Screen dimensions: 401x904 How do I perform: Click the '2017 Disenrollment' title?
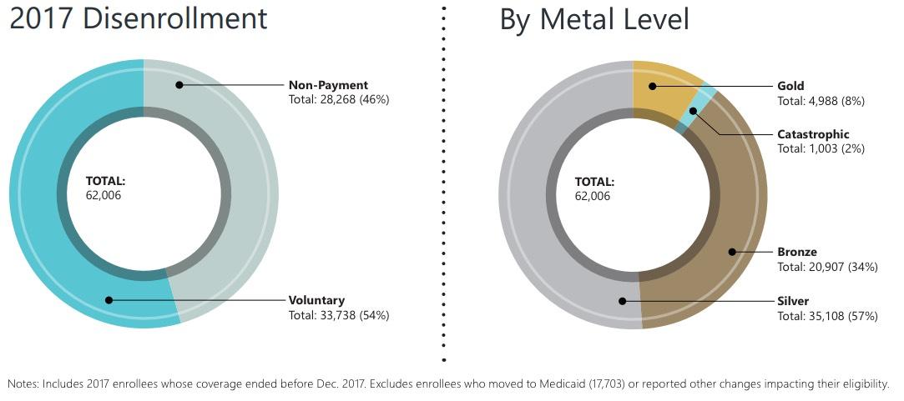pyautogui.click(x=139, y=18)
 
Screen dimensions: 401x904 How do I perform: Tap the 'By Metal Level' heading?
pyautogui.click(x=594, y=18)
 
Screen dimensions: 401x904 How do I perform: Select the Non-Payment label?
pyautogui.click(x=328, y=85)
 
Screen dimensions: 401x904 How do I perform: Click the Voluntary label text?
pyautogui.click(x=316, y=300)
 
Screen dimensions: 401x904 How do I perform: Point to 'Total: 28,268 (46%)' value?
pyautogui.click(x=339, y=99)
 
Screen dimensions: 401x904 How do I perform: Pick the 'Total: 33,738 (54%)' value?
pyautogui.click(x=339, y=315)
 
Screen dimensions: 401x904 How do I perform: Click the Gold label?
pyautogui.click(x=790, y=86)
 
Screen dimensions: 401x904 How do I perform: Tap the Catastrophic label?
pyautogui.click(x=813, y=134)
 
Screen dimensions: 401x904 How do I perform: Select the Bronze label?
pyautogui.click(x=796, y=252)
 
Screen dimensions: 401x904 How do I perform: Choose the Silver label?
pyautogui.click(x=793, y=300)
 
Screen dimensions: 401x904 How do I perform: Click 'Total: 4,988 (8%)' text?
pyautogui.click(x=821, y=101)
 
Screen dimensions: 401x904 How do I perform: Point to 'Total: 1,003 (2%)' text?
pyautogui.click(x=821, y=148)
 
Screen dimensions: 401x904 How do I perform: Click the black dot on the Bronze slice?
pyautogui.click(x=732, y=252)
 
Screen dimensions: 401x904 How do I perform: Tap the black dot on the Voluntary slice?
pyautogui.click(x=108, y=300)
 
